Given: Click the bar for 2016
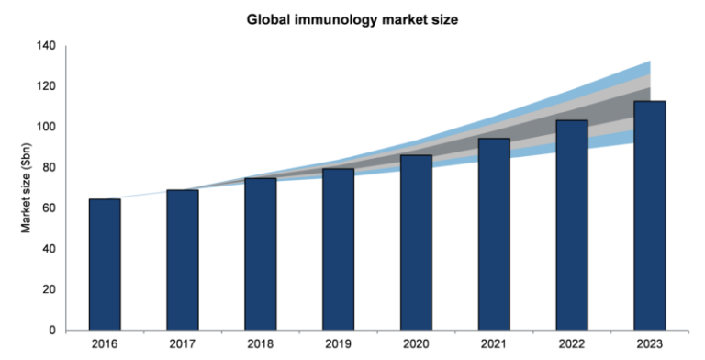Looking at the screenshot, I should tap(104, 264).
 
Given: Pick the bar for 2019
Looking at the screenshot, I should tap(338, 249).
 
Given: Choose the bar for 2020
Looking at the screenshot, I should tap(416, 242).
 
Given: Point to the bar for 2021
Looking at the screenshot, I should tap(494, 234).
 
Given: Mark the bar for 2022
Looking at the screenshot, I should tap(572, 225).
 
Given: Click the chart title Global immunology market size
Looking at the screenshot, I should tap(352, 17).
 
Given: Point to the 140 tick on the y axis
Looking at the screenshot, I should tap(45, 46).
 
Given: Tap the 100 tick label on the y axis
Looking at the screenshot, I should tap(45, 127).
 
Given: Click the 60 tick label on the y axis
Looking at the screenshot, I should tap(48, 208).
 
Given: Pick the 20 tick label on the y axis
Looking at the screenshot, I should tap(48, 289).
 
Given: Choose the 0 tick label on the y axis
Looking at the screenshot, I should tap(51, 330).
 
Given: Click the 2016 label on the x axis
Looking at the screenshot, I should tap(104, 345).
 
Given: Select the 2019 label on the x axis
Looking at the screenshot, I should tap(338, 345).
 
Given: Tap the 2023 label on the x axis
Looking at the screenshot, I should tap(650, 345).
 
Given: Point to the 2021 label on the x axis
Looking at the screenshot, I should tap(494, 345).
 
